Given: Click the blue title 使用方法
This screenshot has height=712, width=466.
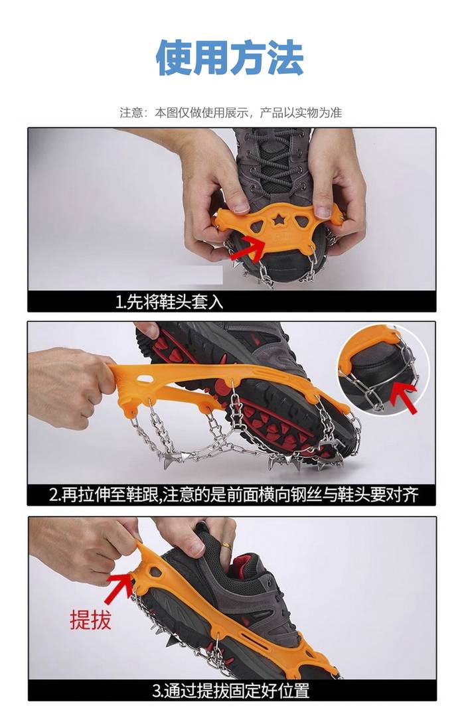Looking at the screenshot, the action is pyautogui.click(x=230, y=58).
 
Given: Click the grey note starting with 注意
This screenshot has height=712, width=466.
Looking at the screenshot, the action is pyautogui.click(x=231, y=113).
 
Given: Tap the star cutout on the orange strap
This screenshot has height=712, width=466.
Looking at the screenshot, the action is pyautogui.click(x=278, y=220).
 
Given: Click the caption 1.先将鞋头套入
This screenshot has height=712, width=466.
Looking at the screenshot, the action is pyautogui.click(x=169, y=301).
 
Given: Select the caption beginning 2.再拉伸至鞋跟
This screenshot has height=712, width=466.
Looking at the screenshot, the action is pyautogui.click(x=234, y=494).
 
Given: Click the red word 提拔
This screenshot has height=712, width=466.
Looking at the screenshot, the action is pyautogui.click(x=90, y=619).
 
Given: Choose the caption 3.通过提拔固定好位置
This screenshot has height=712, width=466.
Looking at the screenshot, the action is pyautogui.click(x=231, y=691).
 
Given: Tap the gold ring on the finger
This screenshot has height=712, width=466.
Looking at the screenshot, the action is pyautogui.click(x=226, y=545).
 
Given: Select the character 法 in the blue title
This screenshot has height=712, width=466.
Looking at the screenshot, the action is pyautogui.click(x=286, y=58).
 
